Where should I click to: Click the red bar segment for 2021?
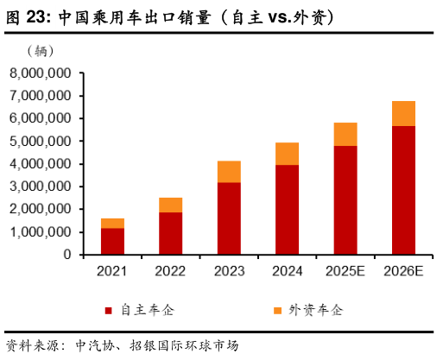[x=112, y=242]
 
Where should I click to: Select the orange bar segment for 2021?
[x=112, y=224]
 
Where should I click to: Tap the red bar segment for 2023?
[x=228, y=218]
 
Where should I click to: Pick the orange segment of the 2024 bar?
[x=287, y=154]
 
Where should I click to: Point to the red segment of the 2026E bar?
[x=403, y=190]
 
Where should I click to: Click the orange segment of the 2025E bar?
[x=345, y=135]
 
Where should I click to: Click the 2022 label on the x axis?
[x=170, y=271]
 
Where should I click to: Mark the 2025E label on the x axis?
[x=345, y=271]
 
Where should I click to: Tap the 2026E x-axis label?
[x=403, y=271]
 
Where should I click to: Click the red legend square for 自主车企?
[x=108, y=311]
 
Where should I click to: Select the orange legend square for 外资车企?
[x=278, y=311]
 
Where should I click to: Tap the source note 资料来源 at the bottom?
[x=35, y=344]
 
